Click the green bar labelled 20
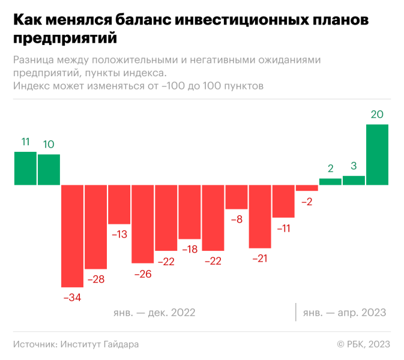(378, 155)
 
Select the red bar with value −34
(72, 235)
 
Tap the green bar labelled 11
(25, 168)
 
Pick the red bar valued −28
(95, 227)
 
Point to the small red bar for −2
(307, 188)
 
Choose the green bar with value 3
(354, 180)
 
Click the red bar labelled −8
(237, 197)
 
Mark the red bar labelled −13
(119, 204)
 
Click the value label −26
(142, 274)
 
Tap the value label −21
(259, 259)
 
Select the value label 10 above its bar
(49, 144)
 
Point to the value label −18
(189, 250)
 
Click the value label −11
(283, 228)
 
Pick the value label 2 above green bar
(330, 169)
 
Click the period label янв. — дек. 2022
(154, 313)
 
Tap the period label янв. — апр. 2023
(344, 313)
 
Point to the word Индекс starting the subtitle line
(31, 86)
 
